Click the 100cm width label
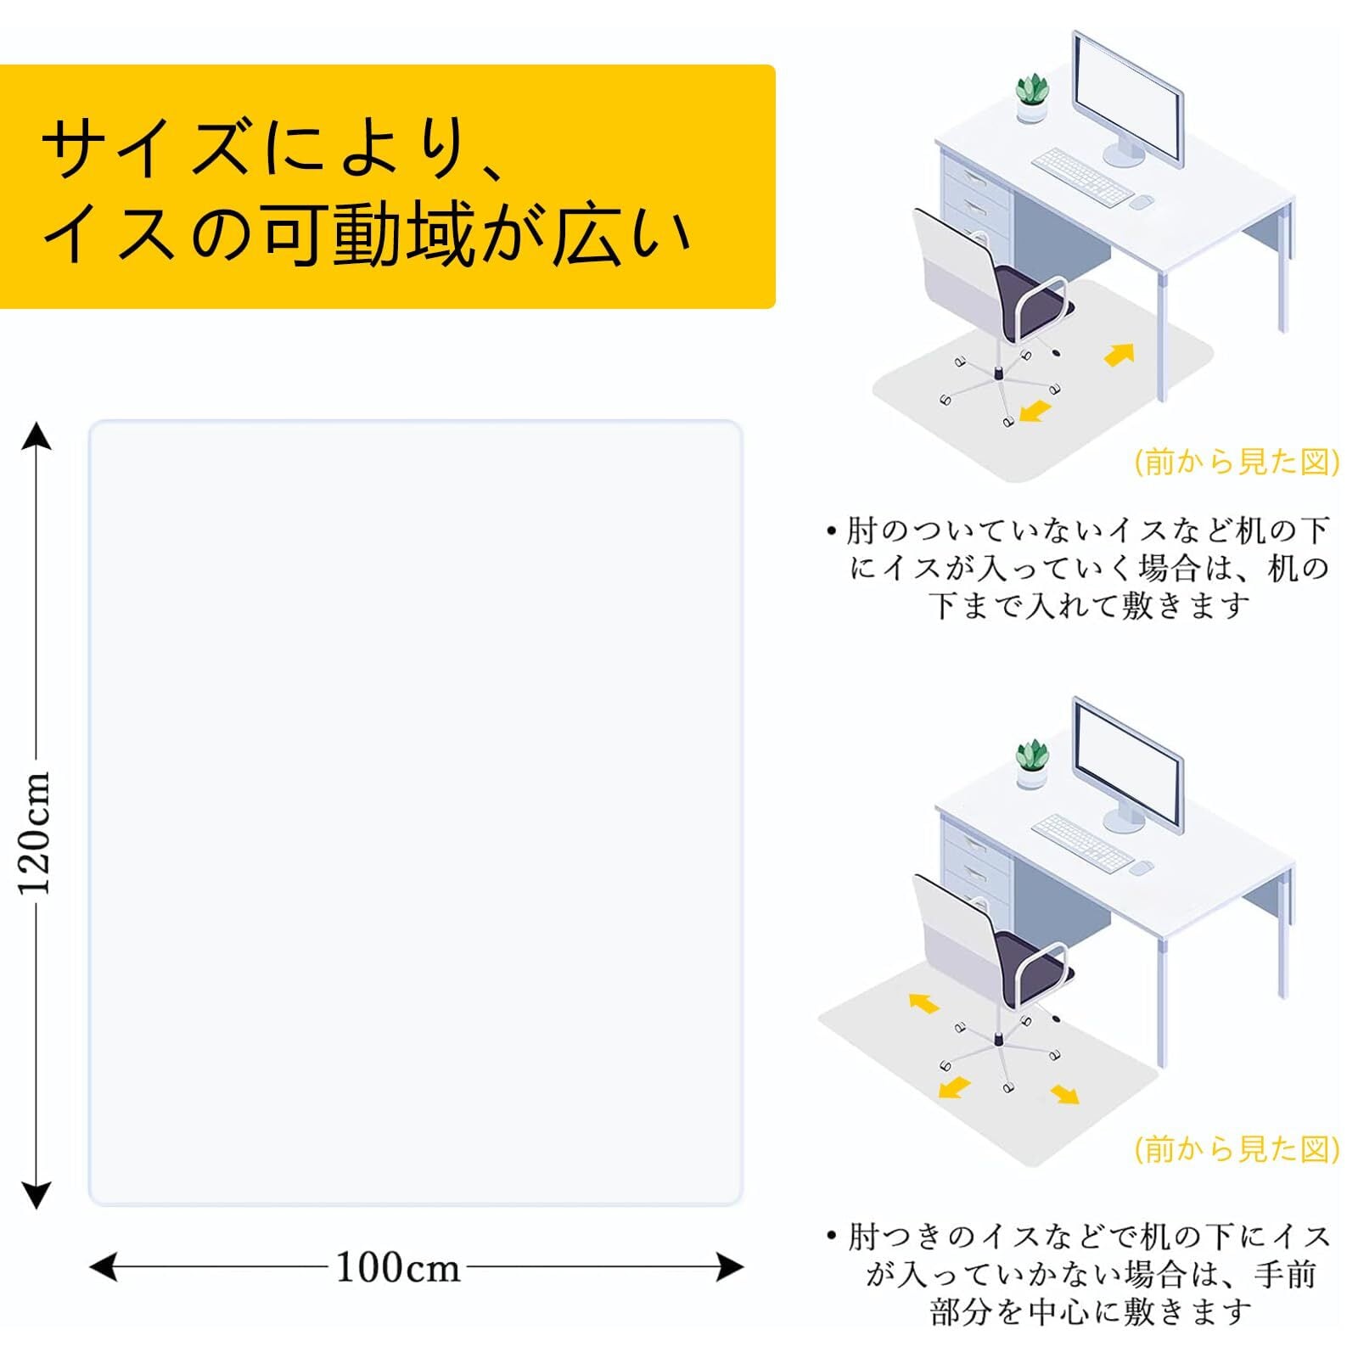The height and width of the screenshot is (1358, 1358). [398, 1268]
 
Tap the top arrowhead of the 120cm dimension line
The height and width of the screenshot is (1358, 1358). [36, 436]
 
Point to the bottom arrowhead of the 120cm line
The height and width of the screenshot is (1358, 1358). [36, 1195]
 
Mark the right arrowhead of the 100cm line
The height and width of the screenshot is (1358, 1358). [730, 1268]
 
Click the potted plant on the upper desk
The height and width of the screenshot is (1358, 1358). [1032, 98]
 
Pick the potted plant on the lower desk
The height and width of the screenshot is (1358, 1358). [1032, 764]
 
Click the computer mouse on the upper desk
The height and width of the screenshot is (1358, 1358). [1142, 202]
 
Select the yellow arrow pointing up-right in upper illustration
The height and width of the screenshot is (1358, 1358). [1120, 354]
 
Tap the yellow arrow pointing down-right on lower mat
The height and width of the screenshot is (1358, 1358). [1065, 1095]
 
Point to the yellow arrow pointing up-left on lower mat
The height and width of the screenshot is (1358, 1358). [924, 1004]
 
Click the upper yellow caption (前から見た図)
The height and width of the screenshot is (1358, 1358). [1237, 462]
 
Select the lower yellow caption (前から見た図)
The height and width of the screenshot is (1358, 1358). [1237, 1149]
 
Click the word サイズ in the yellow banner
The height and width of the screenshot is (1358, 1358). [153, 148]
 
